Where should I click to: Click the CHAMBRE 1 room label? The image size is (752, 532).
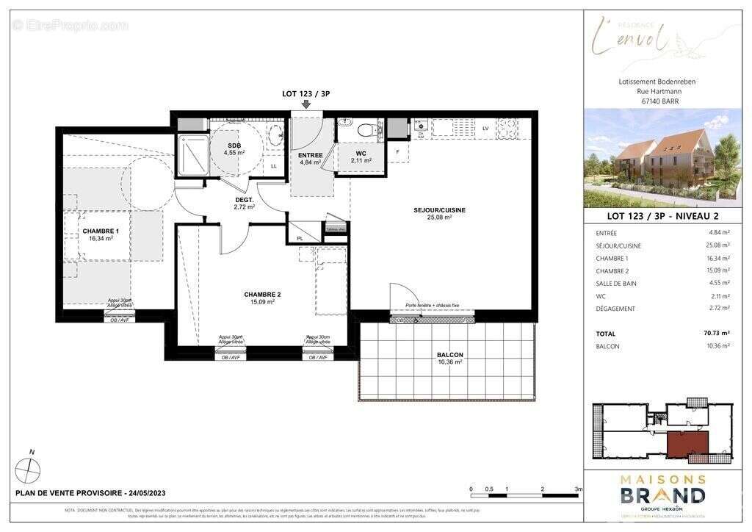coord(101,231)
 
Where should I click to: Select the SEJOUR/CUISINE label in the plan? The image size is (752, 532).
coord(440,210)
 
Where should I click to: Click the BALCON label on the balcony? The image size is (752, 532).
coord(449,355)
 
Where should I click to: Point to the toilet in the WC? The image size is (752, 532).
coord(366,130)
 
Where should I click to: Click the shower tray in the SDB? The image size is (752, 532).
coord(194,154)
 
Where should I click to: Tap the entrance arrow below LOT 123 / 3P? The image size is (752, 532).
coord(306,104)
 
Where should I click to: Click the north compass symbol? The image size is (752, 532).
coord(28,467)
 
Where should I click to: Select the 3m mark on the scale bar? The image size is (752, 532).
coord(578,489)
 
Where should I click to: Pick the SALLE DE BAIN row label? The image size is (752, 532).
coord(616,283)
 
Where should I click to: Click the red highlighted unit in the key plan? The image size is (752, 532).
coord(687,443)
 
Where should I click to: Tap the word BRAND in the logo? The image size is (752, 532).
coord(663,495)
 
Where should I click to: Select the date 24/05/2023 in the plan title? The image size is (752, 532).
coord(148,492)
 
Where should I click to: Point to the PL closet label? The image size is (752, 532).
coord(300,239)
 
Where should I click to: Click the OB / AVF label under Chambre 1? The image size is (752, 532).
coord(119,320)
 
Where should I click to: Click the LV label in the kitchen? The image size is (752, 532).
coord(485,129)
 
